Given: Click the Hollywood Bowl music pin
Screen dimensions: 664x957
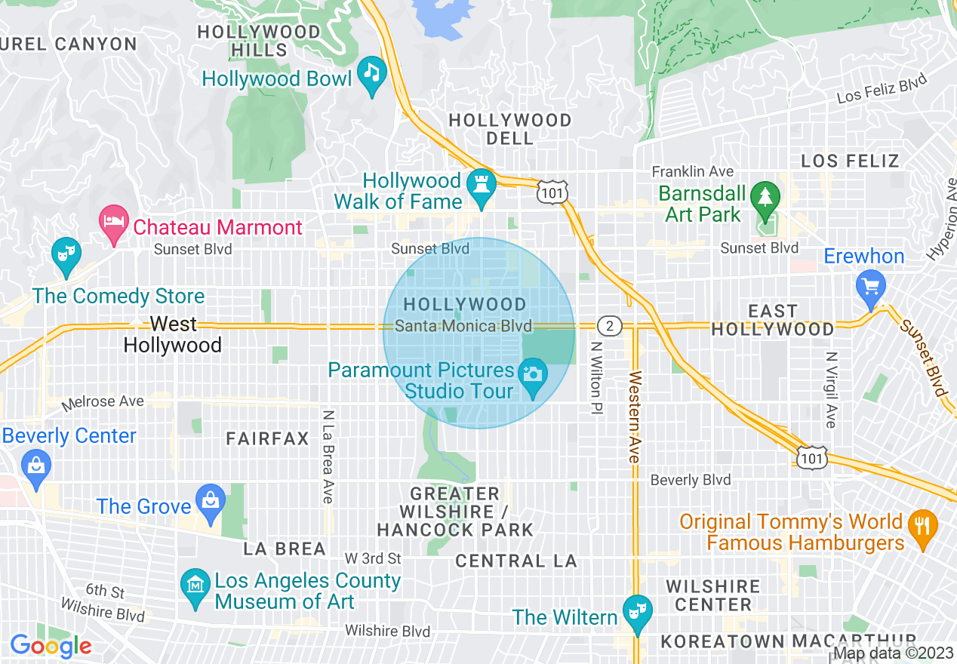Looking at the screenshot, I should (x=371, y=73).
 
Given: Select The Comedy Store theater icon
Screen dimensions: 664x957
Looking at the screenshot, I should (x=66, y=253).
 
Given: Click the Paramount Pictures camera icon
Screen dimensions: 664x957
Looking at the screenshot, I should (x=533, y=376).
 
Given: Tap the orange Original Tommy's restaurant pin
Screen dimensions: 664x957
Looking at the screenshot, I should (x=922, y=526).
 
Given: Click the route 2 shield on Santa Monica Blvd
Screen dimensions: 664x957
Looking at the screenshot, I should (x=609, y=326).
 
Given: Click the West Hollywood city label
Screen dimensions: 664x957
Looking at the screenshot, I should (x=173, y=335).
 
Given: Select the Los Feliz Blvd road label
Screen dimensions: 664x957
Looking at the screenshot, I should (x=882, y=91).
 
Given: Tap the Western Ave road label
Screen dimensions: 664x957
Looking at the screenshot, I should (x=634, y=417).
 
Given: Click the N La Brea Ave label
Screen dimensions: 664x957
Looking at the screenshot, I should (x=328, y=456).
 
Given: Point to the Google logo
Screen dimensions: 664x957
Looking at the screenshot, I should (x=51, y=646).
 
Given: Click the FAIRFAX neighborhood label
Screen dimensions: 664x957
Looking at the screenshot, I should (x=267, y=438).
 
